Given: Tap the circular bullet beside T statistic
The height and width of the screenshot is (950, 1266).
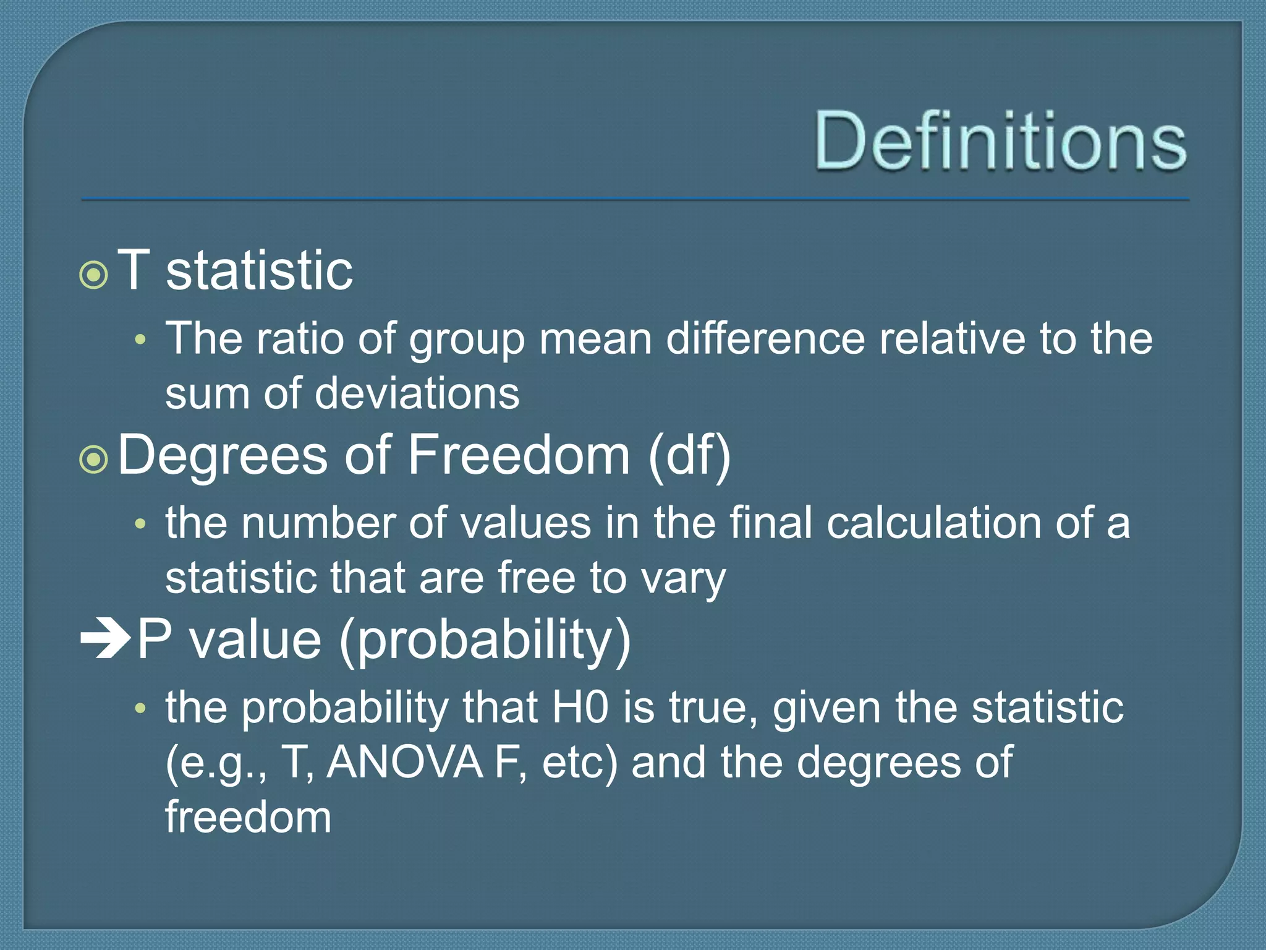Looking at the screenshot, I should [x=94, y=275].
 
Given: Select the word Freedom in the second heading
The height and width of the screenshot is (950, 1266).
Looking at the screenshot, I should [x=518, y=455].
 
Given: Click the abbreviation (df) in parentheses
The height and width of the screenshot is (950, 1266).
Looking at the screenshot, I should [x=689, y=456].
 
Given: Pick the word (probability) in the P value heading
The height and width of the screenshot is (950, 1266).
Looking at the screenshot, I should [x=485, y=641].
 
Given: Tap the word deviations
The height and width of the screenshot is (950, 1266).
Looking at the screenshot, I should [x=417, y=394].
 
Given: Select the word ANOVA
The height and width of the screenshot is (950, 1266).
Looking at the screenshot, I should [x=405, y=762].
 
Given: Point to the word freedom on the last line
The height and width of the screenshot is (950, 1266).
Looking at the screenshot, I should [x=248, y=816].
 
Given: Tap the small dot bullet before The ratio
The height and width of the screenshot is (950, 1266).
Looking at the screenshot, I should [x=140, y=340].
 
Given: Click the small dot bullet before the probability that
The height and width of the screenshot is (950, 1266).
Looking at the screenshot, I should [x=140, y=708].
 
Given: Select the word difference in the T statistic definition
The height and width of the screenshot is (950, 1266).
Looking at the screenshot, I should [x=765, y=339].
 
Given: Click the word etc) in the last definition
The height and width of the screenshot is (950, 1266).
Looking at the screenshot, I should [x=579, y=763].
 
